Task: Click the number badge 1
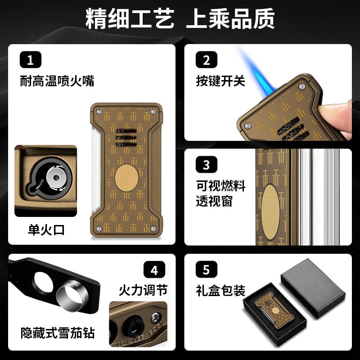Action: pyautogui.click(x=31, y=60)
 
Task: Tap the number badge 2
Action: pyautogui.click(x=207, y=60)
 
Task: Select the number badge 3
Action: pyautogui.click(x=207, y=164)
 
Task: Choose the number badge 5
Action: pyautogui.click(x=207, y=270)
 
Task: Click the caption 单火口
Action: pyautogui.click(x=46, y=229)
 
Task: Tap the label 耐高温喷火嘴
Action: pyautogui.click(x=57, y=81)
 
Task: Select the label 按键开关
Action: pyautogui.click(x=220, y=81)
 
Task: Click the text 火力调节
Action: pyautogui.click(x=143, y=290)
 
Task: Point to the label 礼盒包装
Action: pyautogui.click(x=220, y=290)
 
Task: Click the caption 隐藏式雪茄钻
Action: pyautogui.click(x=58, y=333)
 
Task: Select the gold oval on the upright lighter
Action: pyautogui.click(x=126, y=178)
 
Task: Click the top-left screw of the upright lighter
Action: pyautogui.click(x=99, y=112)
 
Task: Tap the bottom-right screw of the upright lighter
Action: pyautogui.click(x=153, y=229)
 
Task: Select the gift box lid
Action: pyautogui.click(x=313, y=288)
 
